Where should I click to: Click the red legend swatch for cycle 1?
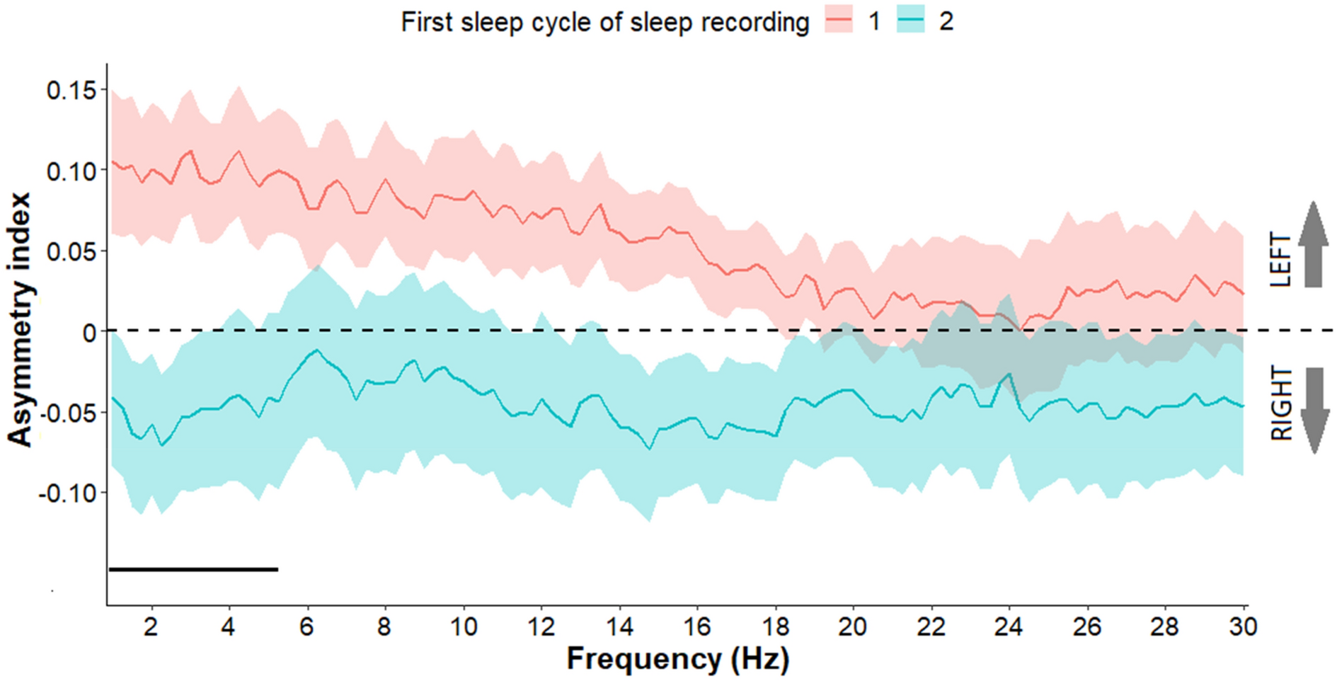[838, 22]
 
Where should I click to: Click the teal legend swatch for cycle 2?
[910, 22]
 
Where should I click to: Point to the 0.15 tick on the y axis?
[71, 91]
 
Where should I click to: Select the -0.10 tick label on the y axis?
[67, 493]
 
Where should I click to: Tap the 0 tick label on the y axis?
[89, 332]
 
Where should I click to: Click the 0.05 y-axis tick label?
[71, 251]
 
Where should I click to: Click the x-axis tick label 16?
[697, 626]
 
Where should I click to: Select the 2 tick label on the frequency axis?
[150, 626]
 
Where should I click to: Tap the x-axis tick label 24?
[1009, 626]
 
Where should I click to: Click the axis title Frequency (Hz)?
[677, 659]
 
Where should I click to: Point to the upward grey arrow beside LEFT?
[1313, 244]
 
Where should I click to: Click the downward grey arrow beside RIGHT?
[1313, 411]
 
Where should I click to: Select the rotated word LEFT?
[1280, 260]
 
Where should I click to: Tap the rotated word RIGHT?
[1280, 404]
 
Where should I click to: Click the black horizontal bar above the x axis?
[193, 569]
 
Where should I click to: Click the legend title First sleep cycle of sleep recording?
[605, 22]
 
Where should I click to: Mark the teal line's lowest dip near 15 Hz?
[649, 448]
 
